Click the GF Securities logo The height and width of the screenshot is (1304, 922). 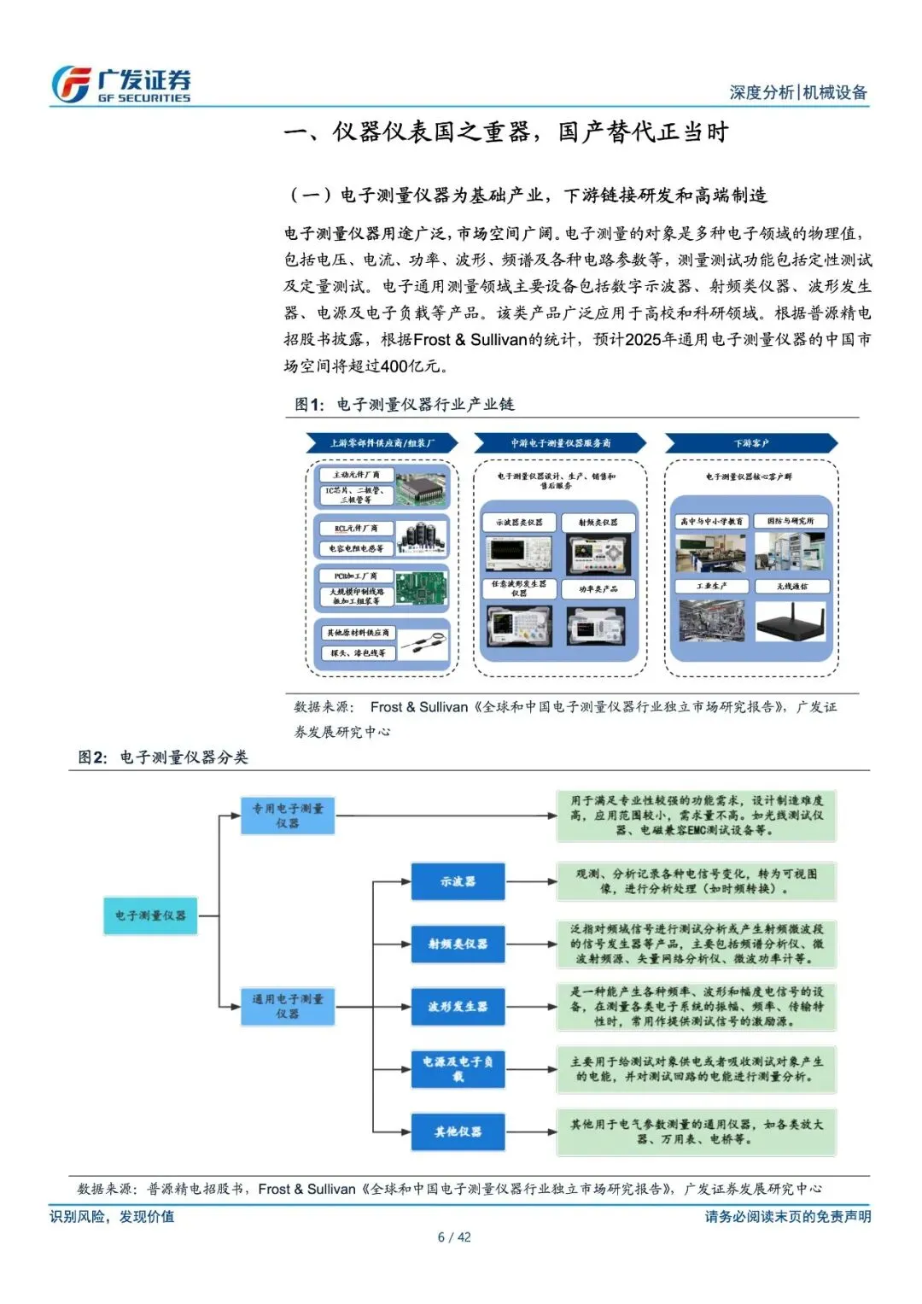pos(120,85)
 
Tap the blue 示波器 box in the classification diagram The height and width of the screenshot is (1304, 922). pos(458,881)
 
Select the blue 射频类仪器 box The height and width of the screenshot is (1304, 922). pos(458,944)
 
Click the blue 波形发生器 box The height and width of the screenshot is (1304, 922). pos(458,1006)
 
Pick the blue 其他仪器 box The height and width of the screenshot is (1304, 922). pos(458,1131)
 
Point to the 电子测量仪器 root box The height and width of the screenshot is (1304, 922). pos(150,915)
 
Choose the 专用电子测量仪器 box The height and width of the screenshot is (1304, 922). pos(287,816)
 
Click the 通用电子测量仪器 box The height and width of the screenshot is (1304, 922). pos(287,1006)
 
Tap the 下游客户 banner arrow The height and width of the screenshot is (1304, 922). pos(750,443)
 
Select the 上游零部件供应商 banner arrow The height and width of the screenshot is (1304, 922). pos(382,443)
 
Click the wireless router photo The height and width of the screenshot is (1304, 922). pos(791,621)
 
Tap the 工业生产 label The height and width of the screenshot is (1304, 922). pos(711,587)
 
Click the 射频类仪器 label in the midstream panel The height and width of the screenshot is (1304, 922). pos(598,522)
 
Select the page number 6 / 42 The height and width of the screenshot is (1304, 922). pos(454,1237)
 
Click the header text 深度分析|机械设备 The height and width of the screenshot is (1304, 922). pos(797,92)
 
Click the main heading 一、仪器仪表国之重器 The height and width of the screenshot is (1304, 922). pos(506,132)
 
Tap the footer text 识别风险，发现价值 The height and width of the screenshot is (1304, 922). pos(112,1216)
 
